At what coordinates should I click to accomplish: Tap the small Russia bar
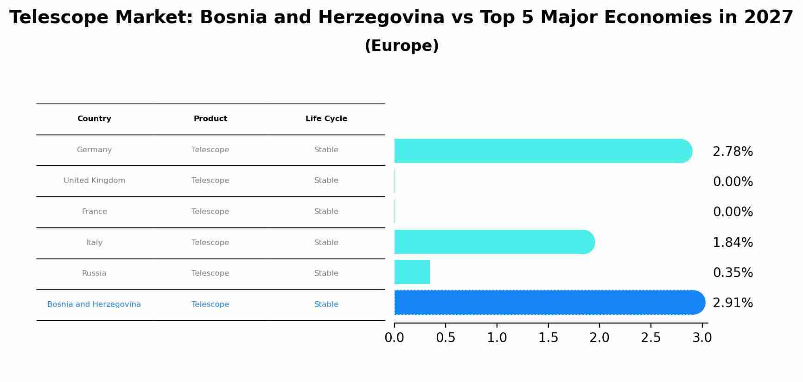pos(412,272)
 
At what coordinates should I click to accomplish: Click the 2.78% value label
pos(733,152)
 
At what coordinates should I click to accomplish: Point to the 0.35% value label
pos(733,273)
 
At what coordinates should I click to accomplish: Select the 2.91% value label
pos(733,303)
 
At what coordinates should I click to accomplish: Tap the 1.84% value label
pos(733,243)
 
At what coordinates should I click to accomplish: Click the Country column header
pos(94,119)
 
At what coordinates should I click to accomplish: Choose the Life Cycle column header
pos(326,119)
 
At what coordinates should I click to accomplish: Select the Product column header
pos(210,119)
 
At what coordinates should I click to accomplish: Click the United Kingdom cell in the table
pos(94,181)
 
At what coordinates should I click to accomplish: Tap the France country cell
pos(94,212)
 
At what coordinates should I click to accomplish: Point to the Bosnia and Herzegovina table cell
pos(94,304)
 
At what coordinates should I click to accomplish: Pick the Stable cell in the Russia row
pos(326,273)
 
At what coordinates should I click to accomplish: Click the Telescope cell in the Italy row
pos(210,243)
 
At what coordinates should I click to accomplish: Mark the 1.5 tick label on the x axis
pos(548,338)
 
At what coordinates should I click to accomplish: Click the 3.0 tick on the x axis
pos(702,338)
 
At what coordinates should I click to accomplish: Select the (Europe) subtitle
pos(401,46)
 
